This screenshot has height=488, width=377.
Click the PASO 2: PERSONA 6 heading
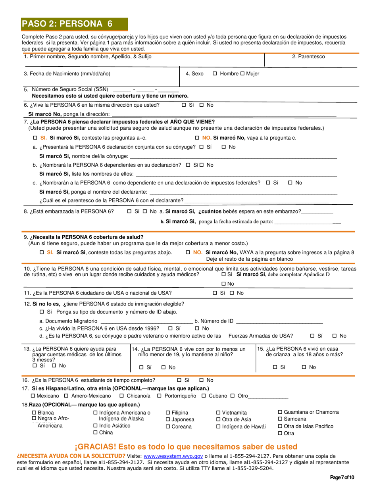pos(67,24)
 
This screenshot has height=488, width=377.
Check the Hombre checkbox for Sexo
pos(215,74)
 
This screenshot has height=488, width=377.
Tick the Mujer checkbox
pos(242,74)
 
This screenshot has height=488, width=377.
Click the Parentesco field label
pos(308,57)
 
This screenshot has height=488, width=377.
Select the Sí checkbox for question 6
pos(184,105)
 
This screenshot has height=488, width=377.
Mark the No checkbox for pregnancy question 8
pos(145,211)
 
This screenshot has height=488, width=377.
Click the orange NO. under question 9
pos(198,252)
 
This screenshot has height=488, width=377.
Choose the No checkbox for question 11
pos(232,293)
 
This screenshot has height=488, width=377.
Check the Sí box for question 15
pos(275,367)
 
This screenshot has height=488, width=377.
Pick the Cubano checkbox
pos(204,396)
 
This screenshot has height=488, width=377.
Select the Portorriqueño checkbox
pos(159,396)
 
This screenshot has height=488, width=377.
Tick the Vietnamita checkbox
pos(218,413)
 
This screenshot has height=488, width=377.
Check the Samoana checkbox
pos(280,419)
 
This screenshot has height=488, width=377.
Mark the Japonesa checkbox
pos(168,420)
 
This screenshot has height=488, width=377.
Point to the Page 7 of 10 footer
pos(342,477)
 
